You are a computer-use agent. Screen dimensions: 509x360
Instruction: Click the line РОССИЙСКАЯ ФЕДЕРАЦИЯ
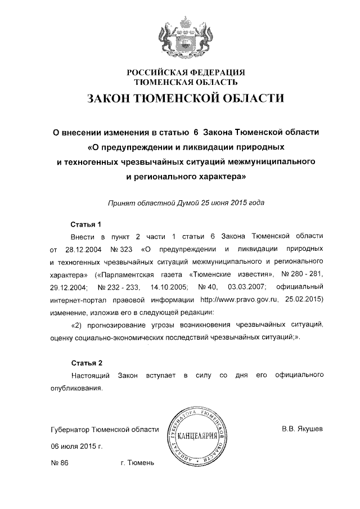pos(186,72)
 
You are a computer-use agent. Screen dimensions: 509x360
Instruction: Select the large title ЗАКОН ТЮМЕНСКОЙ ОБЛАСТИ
pos(186,99)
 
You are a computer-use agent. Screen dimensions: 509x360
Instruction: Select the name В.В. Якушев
pos(302,430)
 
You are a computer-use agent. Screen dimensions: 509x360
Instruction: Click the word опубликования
pos(76,388)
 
